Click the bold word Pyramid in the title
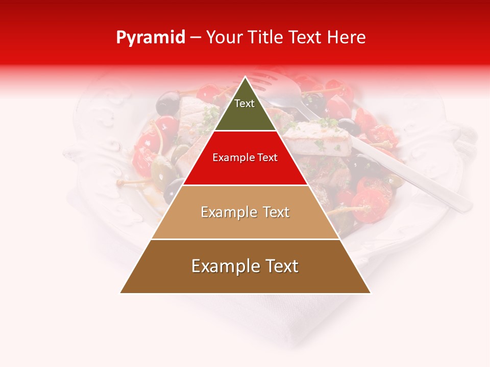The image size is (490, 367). point(150,38)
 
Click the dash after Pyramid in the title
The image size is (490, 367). point(195,38)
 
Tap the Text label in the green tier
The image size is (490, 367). point(244,103)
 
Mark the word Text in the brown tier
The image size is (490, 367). point(280,266)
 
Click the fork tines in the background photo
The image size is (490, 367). point(265,82)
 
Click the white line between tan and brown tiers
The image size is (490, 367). point(245,239)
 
